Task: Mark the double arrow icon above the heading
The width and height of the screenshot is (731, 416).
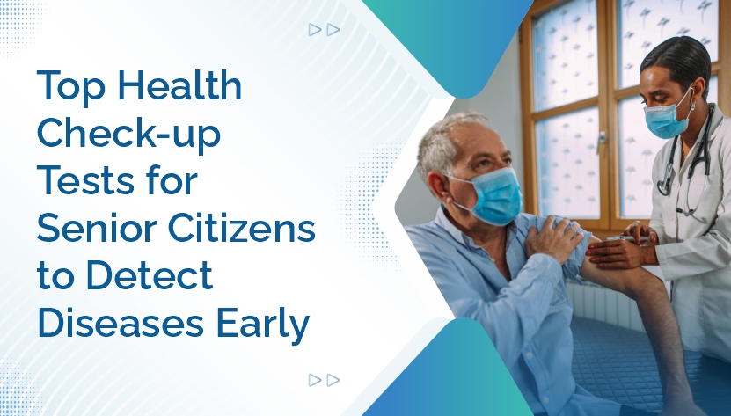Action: [x=324, y=30]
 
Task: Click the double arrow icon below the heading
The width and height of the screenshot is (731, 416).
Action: [x=324, y=380]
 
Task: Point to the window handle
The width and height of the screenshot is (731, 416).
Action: [x=602, y=142]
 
